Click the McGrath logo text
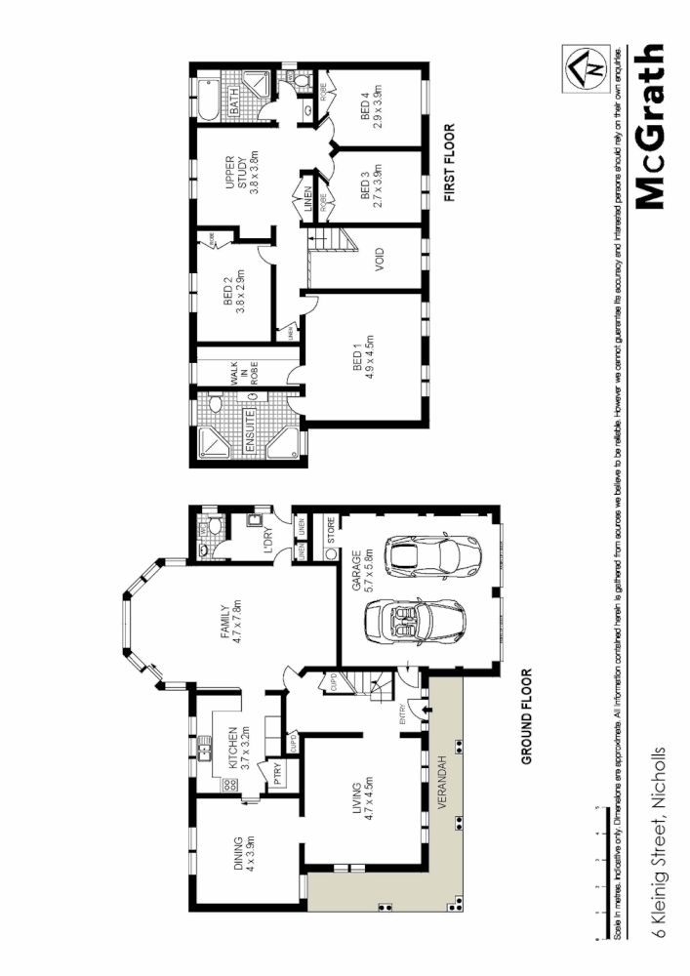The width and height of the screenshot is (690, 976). coord(650,128)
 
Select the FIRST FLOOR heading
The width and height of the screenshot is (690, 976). coord(451,163)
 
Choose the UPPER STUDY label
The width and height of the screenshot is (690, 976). coord(235,174)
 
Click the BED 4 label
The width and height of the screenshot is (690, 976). coord(372,107)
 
